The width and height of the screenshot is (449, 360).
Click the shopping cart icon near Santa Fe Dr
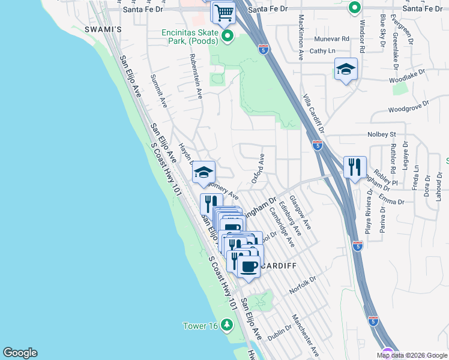coord(224,12)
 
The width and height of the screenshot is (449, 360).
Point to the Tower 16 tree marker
coord(226,325)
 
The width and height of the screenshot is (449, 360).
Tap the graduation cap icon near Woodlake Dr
coord(346,70)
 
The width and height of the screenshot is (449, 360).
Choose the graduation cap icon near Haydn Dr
coord(203,172)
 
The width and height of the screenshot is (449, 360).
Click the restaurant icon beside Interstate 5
coord(355,166)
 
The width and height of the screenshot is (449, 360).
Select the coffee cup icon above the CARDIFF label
coord(249,266)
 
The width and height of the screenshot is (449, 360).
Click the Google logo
coord(20,353)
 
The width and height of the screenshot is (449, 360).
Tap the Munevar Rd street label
coord(331,38)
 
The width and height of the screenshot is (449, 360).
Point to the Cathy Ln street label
coord(322,51)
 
